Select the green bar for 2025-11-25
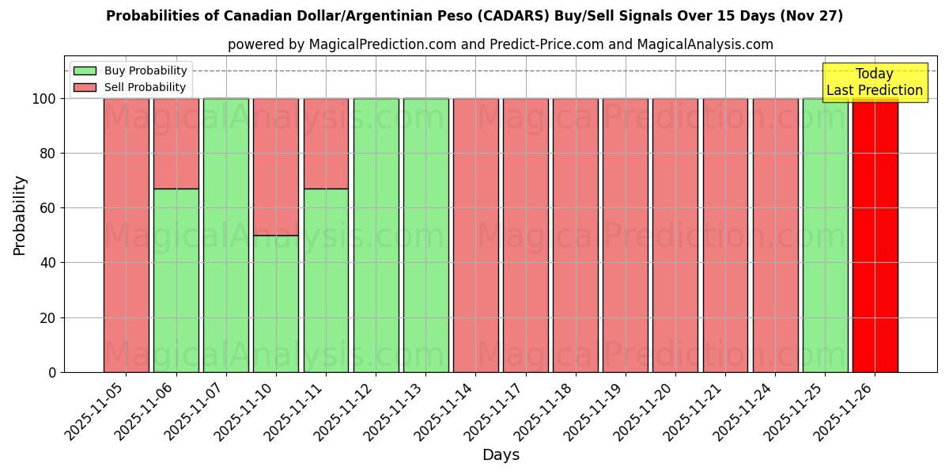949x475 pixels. coord(825,235)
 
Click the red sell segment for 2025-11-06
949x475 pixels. coord(176,143)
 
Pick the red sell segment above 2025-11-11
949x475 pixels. coord(326,143)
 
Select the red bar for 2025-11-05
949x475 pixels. coord(126,235)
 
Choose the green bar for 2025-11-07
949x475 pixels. coord(226,235)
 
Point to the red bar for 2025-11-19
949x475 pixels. coord(626,235)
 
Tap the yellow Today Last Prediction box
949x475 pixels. coord(874,82)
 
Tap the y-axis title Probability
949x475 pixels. coord(20,215)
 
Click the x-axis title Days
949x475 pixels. coord(501,455)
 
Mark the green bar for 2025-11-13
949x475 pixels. coord(425,235)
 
